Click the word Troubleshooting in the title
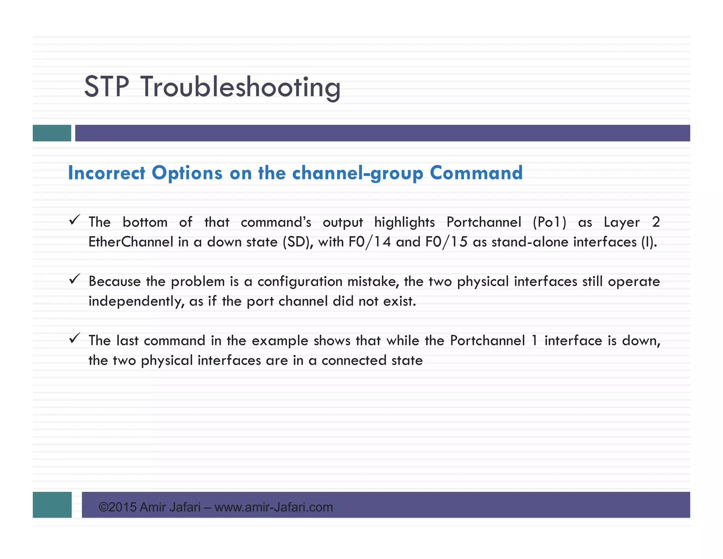click(241, 87)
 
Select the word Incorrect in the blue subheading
click(106, 173)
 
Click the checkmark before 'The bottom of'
click(74, 220)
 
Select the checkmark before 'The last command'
click(74, 339)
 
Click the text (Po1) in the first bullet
click(549, 222)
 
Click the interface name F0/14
click(370, 242)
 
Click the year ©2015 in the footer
click(118, 507)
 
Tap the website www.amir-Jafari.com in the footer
click(274, 507)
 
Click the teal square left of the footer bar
click(52, 505)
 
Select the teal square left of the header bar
click(52, 133)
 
